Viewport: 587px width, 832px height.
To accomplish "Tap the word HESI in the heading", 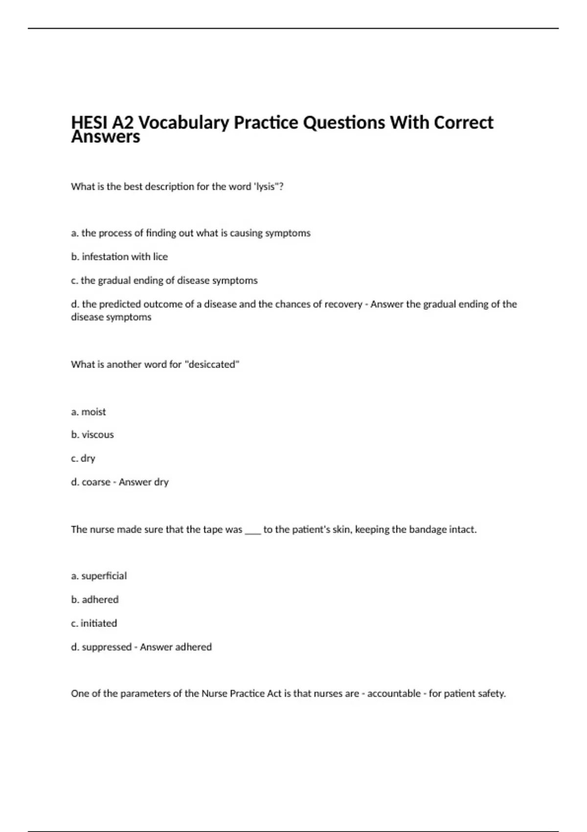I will coord(90,122).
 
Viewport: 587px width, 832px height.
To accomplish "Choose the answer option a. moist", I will coord(89,412).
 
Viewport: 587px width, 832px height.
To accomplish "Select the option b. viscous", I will coord(92,435).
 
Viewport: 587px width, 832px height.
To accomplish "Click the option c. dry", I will coord(83,458).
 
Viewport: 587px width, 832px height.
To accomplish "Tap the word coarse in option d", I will coord(96,482).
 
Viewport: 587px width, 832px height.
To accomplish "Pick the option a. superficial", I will coord(99,576).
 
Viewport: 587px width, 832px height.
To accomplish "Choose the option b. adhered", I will coord(95,600).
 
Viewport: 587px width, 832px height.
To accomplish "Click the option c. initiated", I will coord(94,623).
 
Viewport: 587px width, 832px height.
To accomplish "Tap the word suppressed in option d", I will coord(107,647).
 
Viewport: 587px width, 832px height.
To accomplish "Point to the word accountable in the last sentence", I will coord(394,693).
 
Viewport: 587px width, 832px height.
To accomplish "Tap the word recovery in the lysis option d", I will coord(342,304).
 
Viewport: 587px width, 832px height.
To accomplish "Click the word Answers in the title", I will coord(105,138).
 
